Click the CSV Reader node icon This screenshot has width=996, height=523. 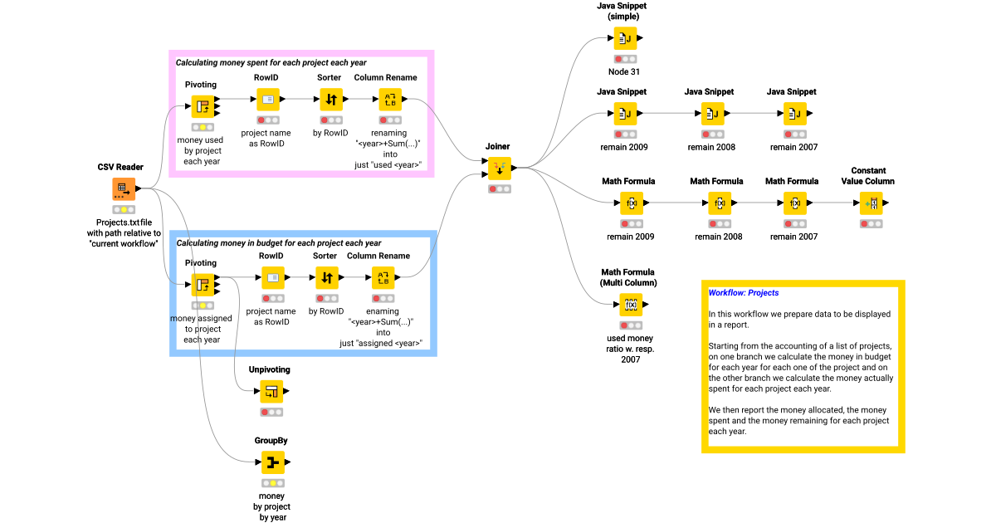(124, 189)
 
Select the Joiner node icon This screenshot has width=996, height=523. (500, 169)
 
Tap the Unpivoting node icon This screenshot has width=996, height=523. (271, 392)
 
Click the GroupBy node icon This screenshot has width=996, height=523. (273, 462)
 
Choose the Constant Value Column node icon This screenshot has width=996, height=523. (871, 203)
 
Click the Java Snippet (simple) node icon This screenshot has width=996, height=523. (626, 38)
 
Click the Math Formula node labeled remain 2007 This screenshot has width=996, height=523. (794, 203)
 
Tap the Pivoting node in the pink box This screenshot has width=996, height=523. (203, 106)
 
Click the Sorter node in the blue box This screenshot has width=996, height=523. (326, 278)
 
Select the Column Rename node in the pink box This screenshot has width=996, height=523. (390, 100)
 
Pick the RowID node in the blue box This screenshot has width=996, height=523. (273, 278)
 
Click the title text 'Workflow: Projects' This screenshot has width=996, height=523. (743, 293)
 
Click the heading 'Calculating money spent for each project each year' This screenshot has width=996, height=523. (271, 62)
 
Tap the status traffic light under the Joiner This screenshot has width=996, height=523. (500, 189)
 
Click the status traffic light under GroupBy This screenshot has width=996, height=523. (273, 483)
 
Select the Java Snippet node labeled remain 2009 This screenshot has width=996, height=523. (626, 114)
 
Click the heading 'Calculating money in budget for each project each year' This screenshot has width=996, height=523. (278, 243)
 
